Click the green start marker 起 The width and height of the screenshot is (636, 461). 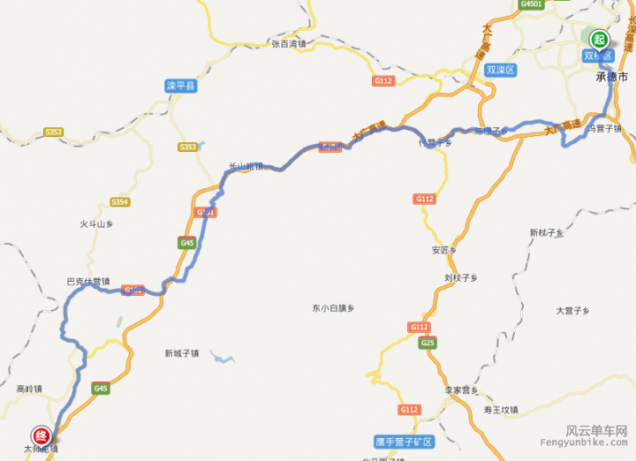click(x=600, y=39)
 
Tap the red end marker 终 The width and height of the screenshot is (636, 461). click(x=41, y=435)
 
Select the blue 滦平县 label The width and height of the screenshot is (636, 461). click(x=181, y=86)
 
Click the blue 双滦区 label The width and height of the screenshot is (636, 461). click(x=501, y=69)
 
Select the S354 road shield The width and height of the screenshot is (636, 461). click(x=120, y=202)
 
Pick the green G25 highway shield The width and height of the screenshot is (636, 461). click(x=428, y=343)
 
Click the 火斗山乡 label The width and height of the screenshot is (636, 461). click(x=96, y=224)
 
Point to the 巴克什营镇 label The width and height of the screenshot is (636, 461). click(x=88, y=282)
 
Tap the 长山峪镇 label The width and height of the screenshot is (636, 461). click(x=246, y=165)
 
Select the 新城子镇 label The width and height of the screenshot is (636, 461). click(x=181, y=353)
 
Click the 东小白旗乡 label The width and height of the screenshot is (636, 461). click(x=332, y=308)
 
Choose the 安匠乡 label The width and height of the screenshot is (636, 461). click(x=443, y=250)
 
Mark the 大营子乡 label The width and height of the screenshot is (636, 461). click(x=572, y=310)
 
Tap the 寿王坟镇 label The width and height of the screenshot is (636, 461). click(x=501, y=410)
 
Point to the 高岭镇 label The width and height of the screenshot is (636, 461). click(x=29, y=388)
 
